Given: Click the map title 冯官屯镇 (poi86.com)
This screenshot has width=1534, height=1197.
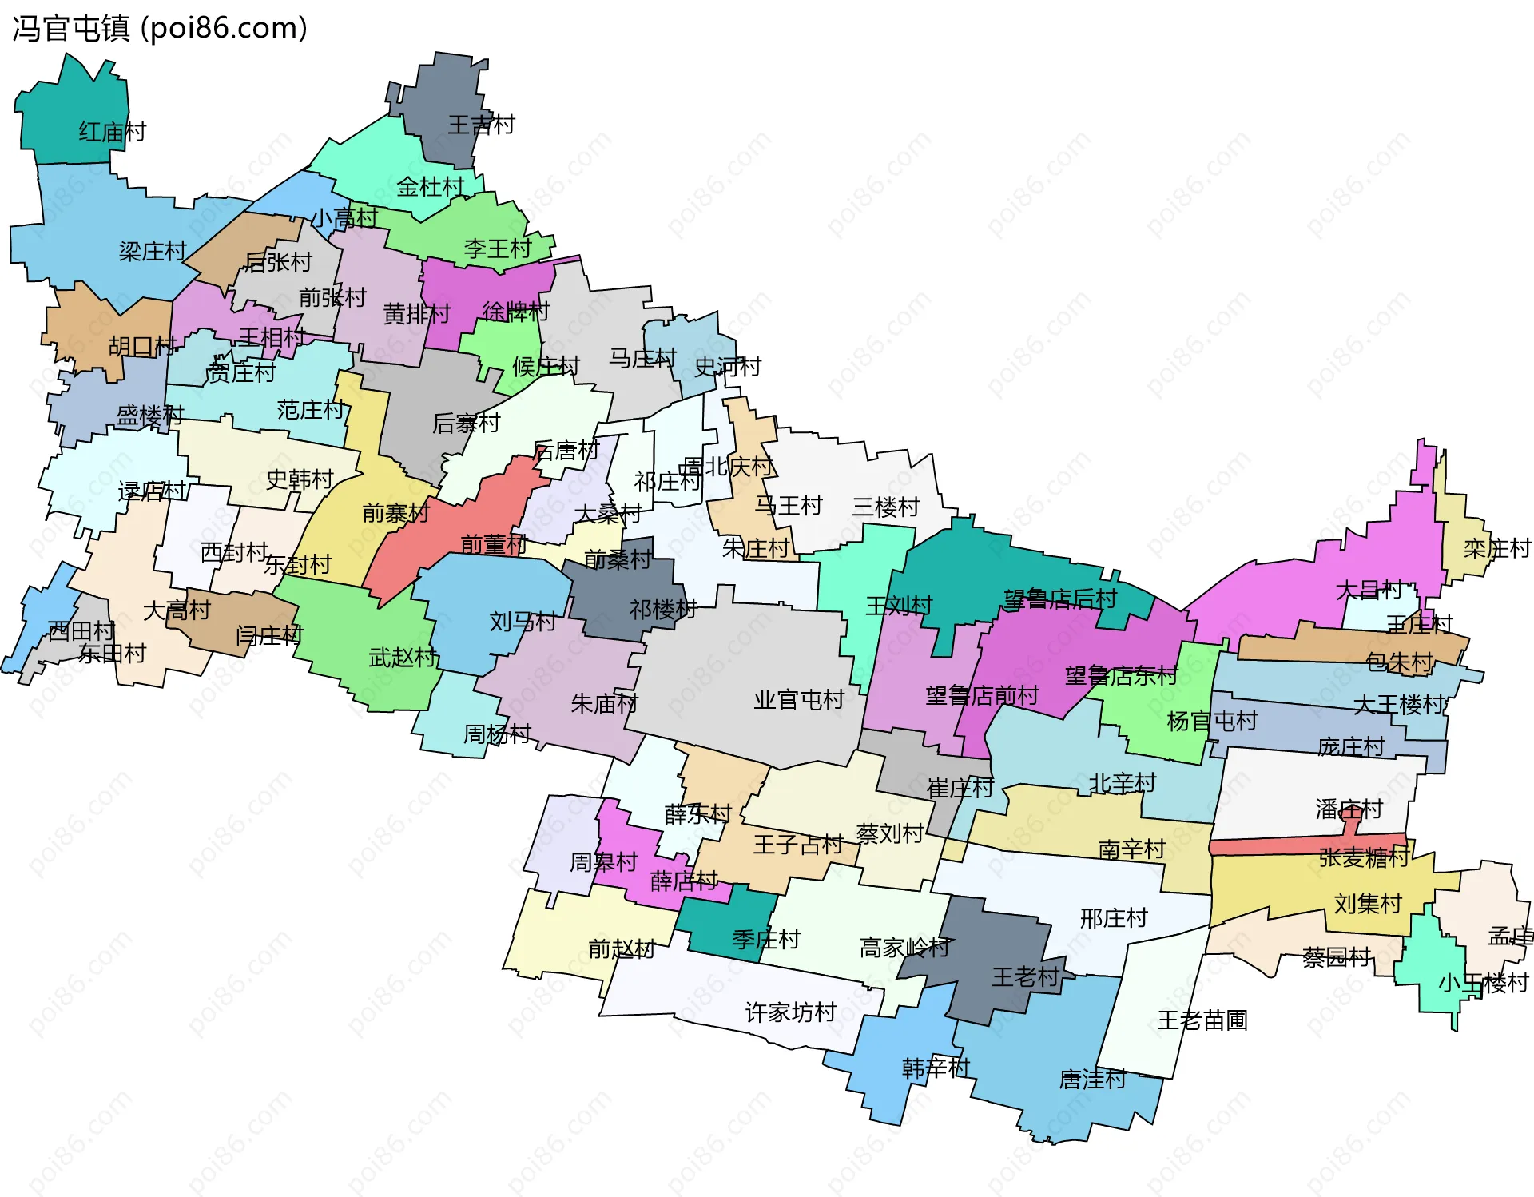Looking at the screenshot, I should click(160, 29).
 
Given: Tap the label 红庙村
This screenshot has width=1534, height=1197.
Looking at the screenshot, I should click(113, 132).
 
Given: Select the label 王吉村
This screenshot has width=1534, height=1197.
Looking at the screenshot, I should click(481, 125).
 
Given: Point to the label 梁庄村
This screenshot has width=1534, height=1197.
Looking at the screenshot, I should click(153, 252).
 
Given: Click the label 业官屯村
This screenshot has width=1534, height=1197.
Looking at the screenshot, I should click(799, 700).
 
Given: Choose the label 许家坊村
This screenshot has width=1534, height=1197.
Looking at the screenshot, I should click(790, 1012).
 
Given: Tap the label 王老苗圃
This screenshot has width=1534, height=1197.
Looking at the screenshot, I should click(1202, 1020).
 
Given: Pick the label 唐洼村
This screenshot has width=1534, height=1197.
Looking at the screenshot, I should click(1092, 1080).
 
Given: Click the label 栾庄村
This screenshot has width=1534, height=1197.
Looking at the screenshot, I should click(1496, 549).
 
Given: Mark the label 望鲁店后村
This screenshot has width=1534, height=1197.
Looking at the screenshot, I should click(1059, 598).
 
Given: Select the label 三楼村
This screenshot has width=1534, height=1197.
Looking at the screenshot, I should click(885, 507).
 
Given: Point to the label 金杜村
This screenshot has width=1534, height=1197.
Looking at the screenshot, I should click(430, 187).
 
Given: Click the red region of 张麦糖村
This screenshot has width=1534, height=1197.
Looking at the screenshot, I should click(1278, 845).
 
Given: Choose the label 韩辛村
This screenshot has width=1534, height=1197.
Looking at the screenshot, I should click(936, 1068).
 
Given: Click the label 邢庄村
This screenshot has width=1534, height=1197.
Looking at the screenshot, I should click(1113, 918).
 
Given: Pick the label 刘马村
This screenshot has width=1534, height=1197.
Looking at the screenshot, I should click(523, 621).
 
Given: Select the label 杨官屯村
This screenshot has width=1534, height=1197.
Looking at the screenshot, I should click(1212, 721).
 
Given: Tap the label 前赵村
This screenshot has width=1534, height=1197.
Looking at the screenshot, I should click(622, 949).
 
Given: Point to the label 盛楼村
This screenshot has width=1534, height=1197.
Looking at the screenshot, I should click(150, 416).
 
